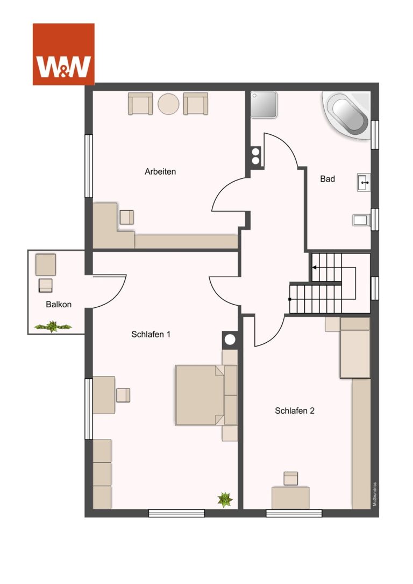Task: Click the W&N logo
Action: pyautogui.click(x=63, y=54)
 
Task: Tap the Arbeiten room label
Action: pyautogui.click(x=160, y=172)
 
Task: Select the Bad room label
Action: pyautogui.click(x=327, y=179)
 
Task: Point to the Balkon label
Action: pyautogui.click(x=59, y=304)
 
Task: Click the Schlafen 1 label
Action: pyautogui.click(x=151, y=335)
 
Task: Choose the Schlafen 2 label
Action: pyautogui.click(x=295, y=411)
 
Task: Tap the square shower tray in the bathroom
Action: pyautogui.click(x=264, y=105)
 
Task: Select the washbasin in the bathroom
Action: pyautogui.click(x=364, y=183)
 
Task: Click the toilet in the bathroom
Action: pyautogui.click(x=361, y=220)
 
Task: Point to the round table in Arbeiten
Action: pyautogui.click(x=168, y=104)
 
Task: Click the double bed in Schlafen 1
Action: pyautogui.click(x=206, y=395)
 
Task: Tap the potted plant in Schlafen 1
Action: pyautogui.click(x=225, y=500)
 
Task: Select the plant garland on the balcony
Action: pyautogui.click(x=53, y=327)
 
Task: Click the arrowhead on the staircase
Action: pyautogui.click(x=315, y=268)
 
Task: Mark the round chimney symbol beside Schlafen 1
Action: pyautogui.click(x=230, y=340)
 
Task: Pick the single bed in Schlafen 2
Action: pyautogui.click(x=355, y=348)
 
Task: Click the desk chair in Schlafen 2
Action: pyautogui.click(x=291, y=478)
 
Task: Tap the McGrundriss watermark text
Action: pyautogui.click(x=375, y=494)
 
